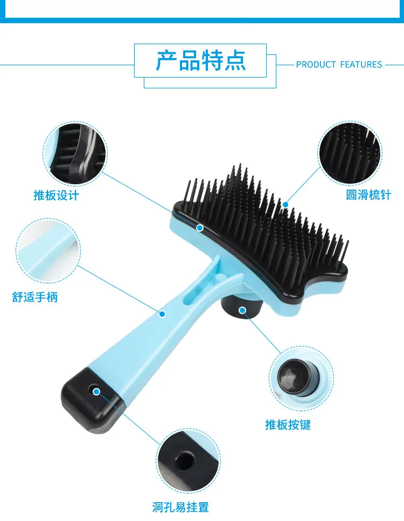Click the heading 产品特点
(x=201, y=60)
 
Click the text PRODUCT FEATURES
(x=339, y=65)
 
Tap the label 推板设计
(x=56, y=196)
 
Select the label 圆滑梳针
(x=368, y=194)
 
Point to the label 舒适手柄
(x=35, y=297)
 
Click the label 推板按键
(x=288, y=425)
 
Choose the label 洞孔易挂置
(x=180, y=508)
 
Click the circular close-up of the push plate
(x=75, y=153)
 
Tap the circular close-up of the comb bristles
(x=350, y=153)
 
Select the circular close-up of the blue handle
(x=48, y=251)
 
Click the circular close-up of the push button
(x=301, y=378)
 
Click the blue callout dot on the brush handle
(x=162, y=314)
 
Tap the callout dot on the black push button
(x=242, y=310)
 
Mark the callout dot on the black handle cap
(x=96, y=392)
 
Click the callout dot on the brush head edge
(x=200, y=227)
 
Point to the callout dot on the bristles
(x=285, y=205)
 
